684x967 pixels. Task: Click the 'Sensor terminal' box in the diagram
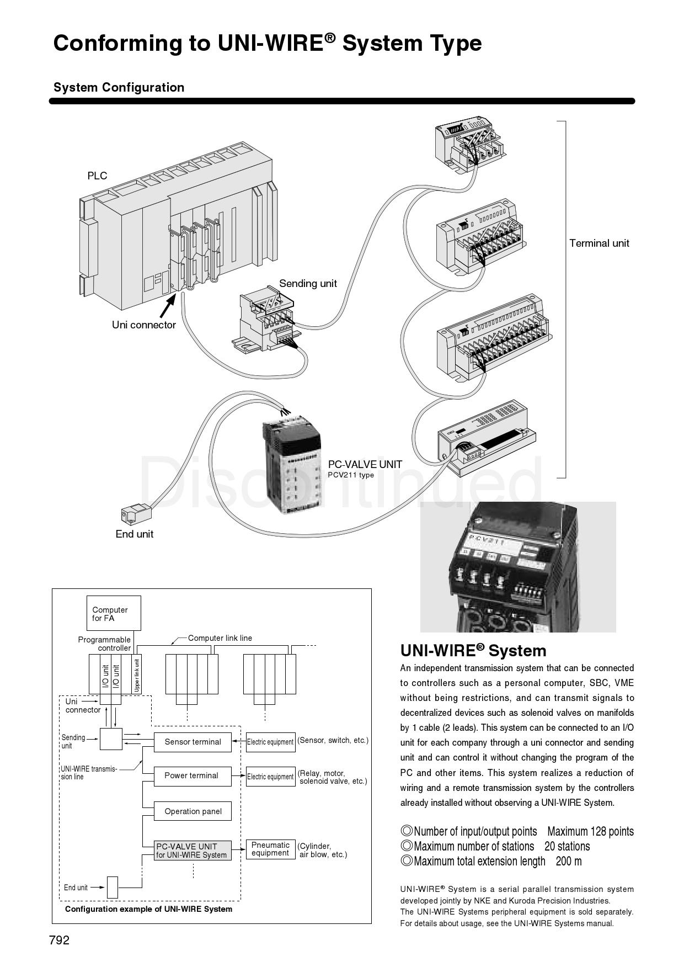point(193,742)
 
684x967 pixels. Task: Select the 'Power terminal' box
point(191,775)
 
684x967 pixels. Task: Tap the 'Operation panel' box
point(193,811)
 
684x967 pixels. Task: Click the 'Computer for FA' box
point(114,613)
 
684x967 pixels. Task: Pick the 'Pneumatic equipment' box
point(270,849)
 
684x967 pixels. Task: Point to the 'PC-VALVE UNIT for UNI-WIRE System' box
point(191,851)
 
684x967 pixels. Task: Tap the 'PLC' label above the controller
point(97,176)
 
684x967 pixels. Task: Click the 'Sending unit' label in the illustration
point(308,284)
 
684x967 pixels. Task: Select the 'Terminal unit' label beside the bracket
point(599,243)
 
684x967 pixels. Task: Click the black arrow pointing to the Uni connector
point(168,305)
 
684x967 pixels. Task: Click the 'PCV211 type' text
point(351,475)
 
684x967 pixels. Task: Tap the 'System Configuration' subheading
point(119,88)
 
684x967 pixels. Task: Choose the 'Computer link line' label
point(220,638)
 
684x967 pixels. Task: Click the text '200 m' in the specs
point(569,861)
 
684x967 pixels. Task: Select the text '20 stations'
point(567,846)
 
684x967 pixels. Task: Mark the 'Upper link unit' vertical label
point(137,674)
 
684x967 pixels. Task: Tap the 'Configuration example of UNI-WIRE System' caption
point(148,909)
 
